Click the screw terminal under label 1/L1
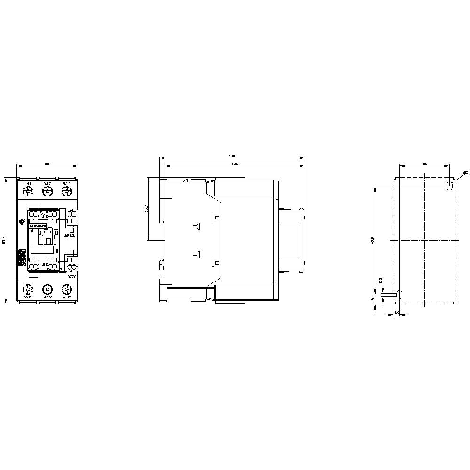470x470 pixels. point(27,191)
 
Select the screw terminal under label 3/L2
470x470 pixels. point(47,191)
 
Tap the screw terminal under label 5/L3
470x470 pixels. point(67,191)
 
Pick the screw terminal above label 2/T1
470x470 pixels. point(27,289)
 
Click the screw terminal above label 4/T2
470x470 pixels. point(47,289)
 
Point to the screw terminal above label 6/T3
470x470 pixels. point(67,289)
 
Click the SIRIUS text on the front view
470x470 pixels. point(70,235)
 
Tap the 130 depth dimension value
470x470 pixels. point(232,156)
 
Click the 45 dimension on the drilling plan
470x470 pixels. point(424,164)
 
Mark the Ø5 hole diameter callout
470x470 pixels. point(465,173)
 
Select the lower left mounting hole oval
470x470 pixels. point(399,295)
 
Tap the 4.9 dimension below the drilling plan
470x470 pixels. point(396,313)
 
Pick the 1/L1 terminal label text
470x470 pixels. point(27,183)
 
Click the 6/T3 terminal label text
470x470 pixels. point(67,298)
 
